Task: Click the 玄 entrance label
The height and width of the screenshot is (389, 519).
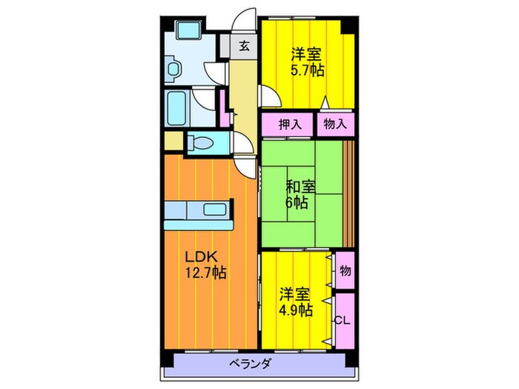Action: coord(243,45)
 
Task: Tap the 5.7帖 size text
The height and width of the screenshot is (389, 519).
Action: coord(305,71)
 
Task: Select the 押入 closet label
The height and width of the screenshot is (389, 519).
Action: coord(290,124)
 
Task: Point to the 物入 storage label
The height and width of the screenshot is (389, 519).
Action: coord(334,124)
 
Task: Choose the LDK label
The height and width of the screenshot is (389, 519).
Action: coord(200,256)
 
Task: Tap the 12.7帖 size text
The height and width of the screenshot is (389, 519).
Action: coord(205,273)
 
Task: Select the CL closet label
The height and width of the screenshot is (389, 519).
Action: coord(341,320)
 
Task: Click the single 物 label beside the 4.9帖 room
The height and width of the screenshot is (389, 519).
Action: coord(344,271)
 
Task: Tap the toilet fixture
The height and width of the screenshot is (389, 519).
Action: coord(204,142)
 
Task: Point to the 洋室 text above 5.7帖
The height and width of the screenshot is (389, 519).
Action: coord(305,54)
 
